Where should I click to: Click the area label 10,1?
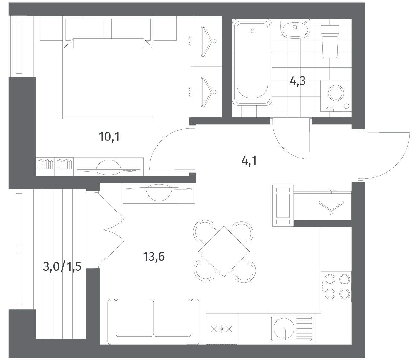click(109, 137)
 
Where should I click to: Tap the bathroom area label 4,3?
click(297, 81)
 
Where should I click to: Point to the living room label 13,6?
click(154, 257)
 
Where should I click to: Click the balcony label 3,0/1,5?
click(62, 266)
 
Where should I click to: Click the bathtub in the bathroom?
click(252, 62)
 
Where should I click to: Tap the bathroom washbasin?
click(295, 29)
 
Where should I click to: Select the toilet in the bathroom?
click(330, 41)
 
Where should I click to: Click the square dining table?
click(224, 252)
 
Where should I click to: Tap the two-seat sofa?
click(153, 322)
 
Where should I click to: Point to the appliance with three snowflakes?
click(222, 330)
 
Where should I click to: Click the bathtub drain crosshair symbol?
click(252, 31)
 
